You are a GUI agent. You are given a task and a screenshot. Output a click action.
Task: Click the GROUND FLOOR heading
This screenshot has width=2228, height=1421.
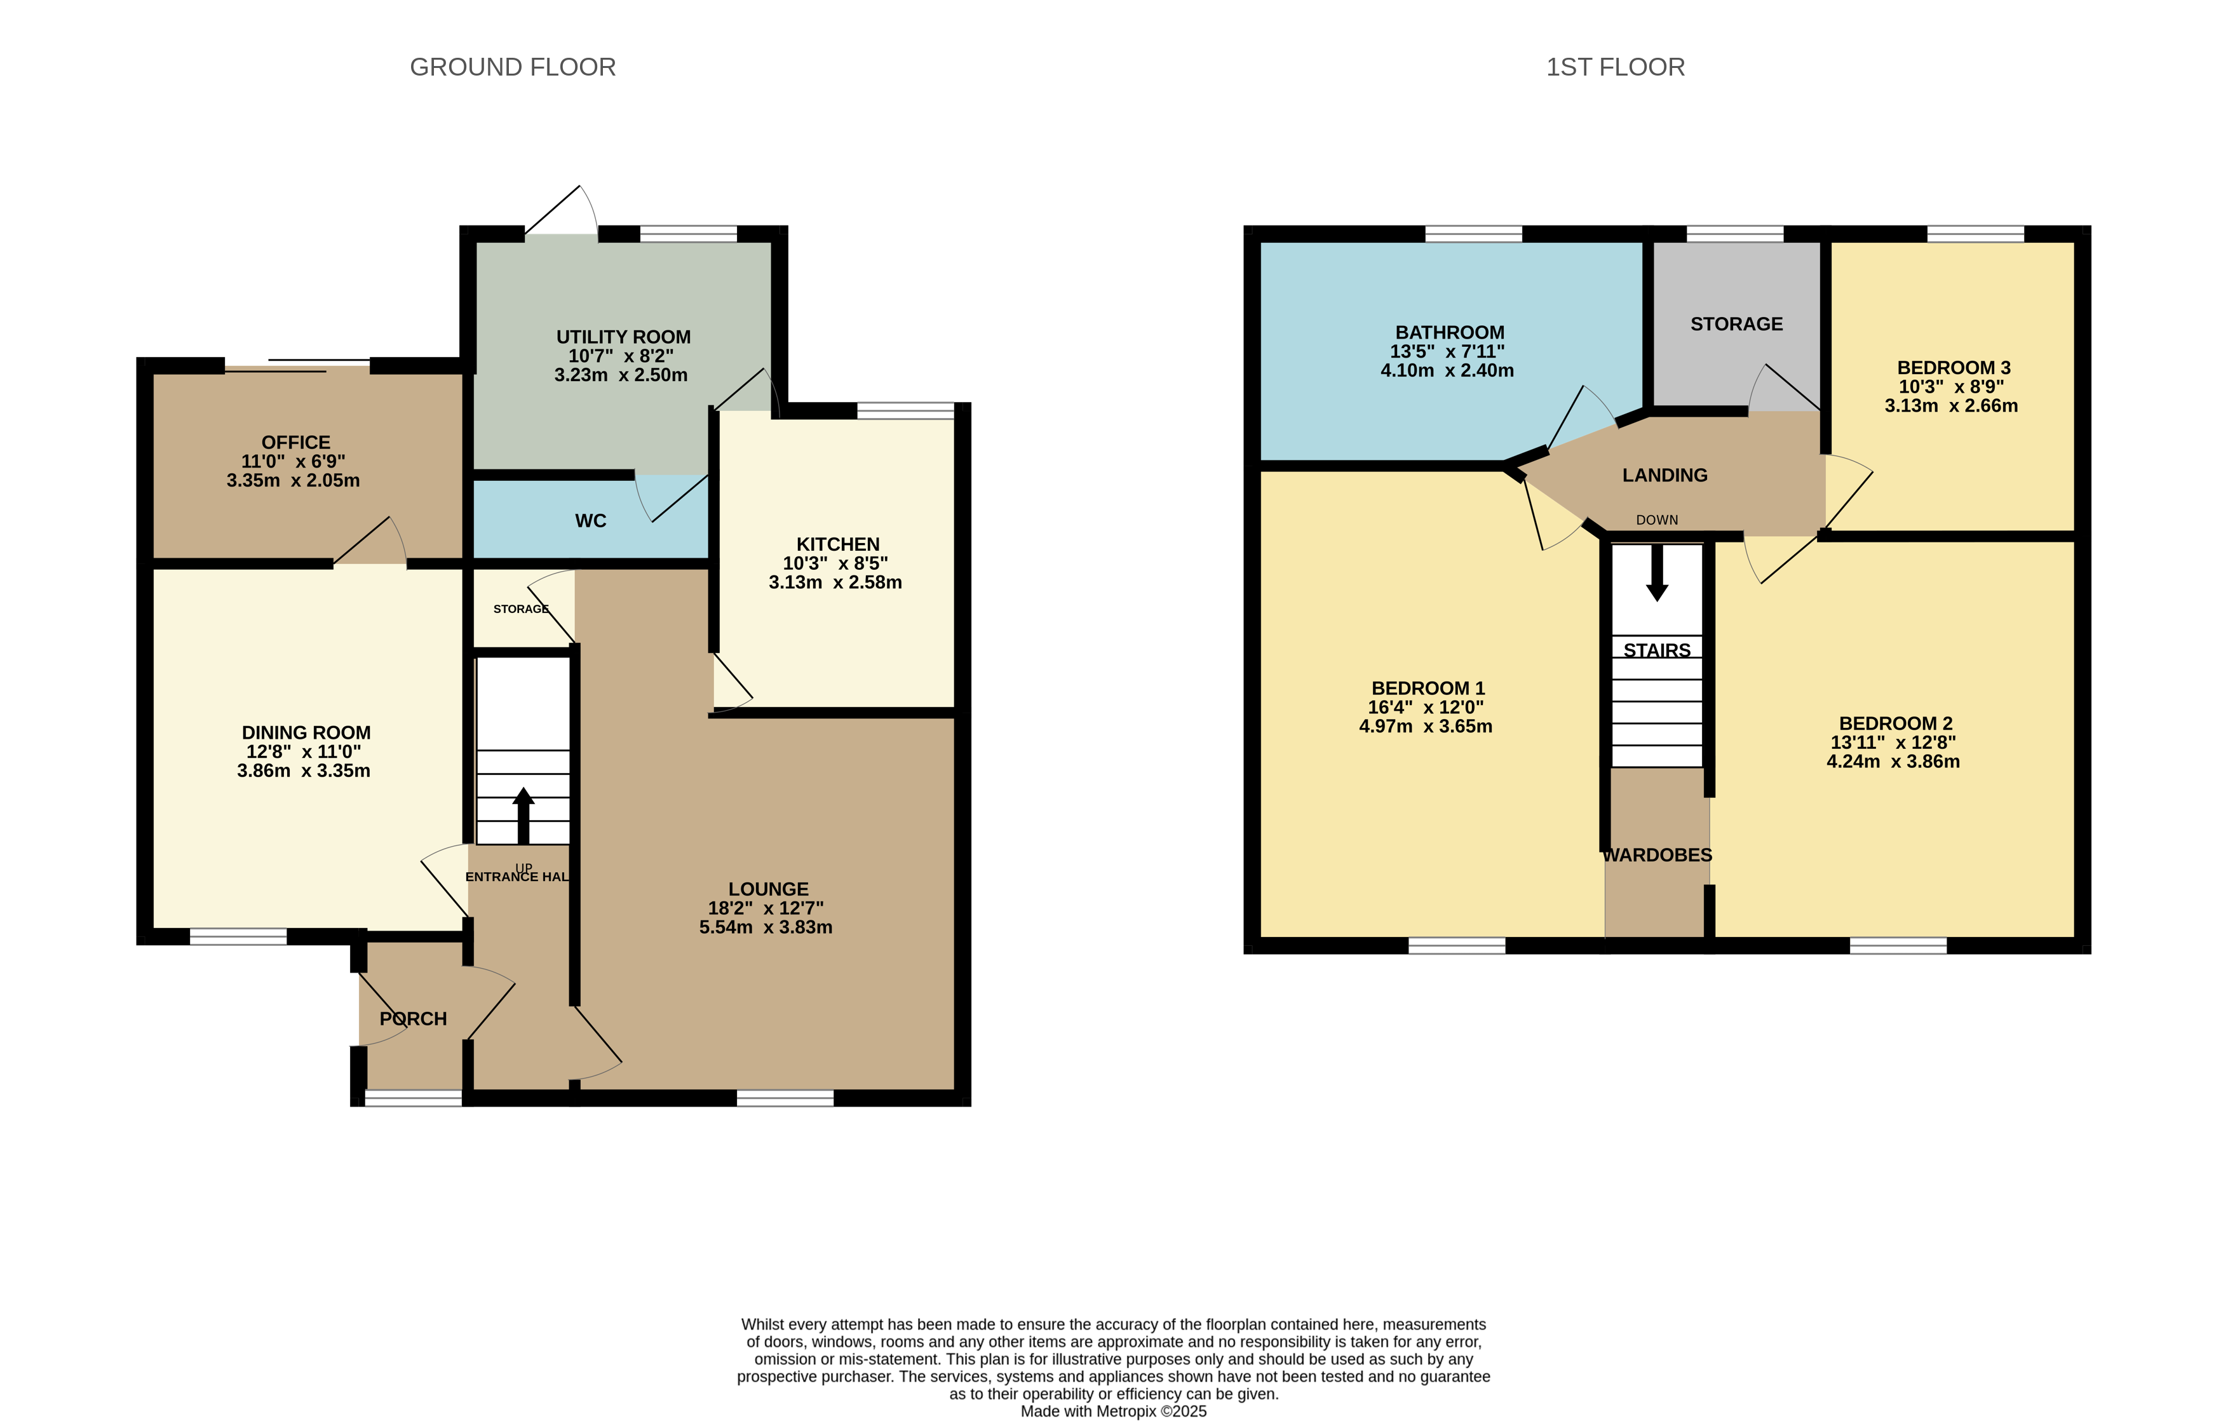pos(513,67)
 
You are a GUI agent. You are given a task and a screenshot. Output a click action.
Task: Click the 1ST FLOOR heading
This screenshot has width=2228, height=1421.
pos(1616,67)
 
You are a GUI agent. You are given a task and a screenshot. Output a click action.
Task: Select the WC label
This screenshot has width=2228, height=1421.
pos(590,521)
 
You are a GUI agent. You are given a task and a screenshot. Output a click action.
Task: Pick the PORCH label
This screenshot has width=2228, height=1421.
pos(414,1018)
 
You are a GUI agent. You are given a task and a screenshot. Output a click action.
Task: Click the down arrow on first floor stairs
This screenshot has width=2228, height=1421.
pos(1657,572)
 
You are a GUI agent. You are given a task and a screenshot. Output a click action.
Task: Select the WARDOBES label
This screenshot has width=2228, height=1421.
pos(1657,856)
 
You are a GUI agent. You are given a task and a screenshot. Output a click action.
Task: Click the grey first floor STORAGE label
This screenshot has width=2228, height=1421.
pos(1737,325)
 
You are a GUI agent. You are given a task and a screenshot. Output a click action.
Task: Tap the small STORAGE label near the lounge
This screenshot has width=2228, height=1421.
pos(521,609)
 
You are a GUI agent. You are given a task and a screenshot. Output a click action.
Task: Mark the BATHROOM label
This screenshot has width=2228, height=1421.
pos(1450,333)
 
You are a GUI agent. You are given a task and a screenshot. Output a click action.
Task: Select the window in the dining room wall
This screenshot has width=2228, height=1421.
pos(239,937)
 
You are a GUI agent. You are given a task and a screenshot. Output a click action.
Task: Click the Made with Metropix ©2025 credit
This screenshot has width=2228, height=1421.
pos(1114,1411)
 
